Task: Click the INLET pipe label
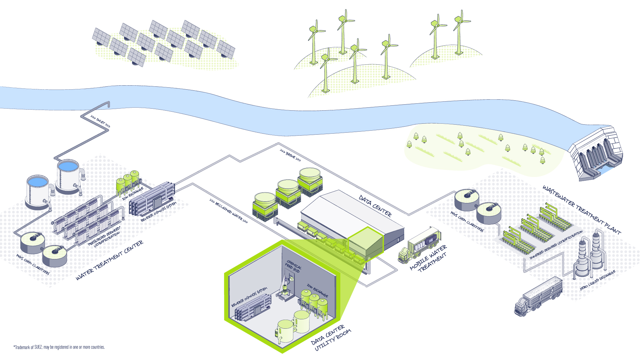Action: point(100,122)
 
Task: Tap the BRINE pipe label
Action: point(290,155)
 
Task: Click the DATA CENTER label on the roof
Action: point(375,206)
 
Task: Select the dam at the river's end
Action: point(597,153)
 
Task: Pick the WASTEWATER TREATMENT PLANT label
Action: point(582,210)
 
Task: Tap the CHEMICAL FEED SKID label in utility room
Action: point(293,267)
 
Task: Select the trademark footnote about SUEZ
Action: point(59,347)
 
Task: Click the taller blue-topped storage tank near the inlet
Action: point(68,177)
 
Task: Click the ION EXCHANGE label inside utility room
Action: point(317,291)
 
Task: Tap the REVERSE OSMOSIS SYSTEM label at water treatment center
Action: point(159,212)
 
